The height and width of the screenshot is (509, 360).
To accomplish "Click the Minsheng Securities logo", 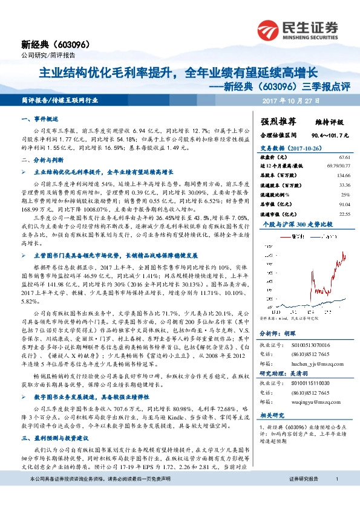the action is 296,29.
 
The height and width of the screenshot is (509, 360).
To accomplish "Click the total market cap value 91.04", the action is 343,203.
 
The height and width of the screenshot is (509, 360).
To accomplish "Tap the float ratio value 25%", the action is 345,193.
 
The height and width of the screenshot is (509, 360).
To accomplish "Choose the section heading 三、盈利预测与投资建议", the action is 56,436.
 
